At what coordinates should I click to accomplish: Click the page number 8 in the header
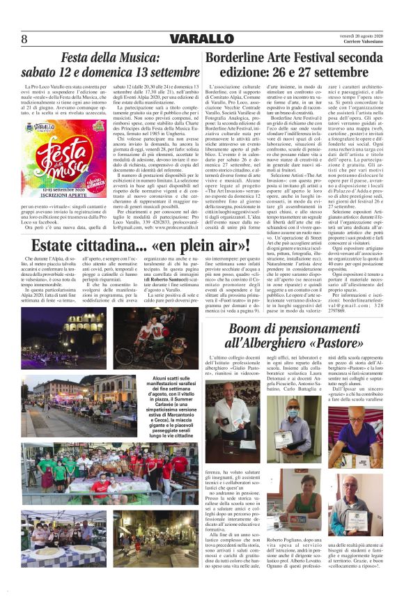pyautogui.click(x=24, y=38)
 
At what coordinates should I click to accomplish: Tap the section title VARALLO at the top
pyautogui.click(x=201, y=38)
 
